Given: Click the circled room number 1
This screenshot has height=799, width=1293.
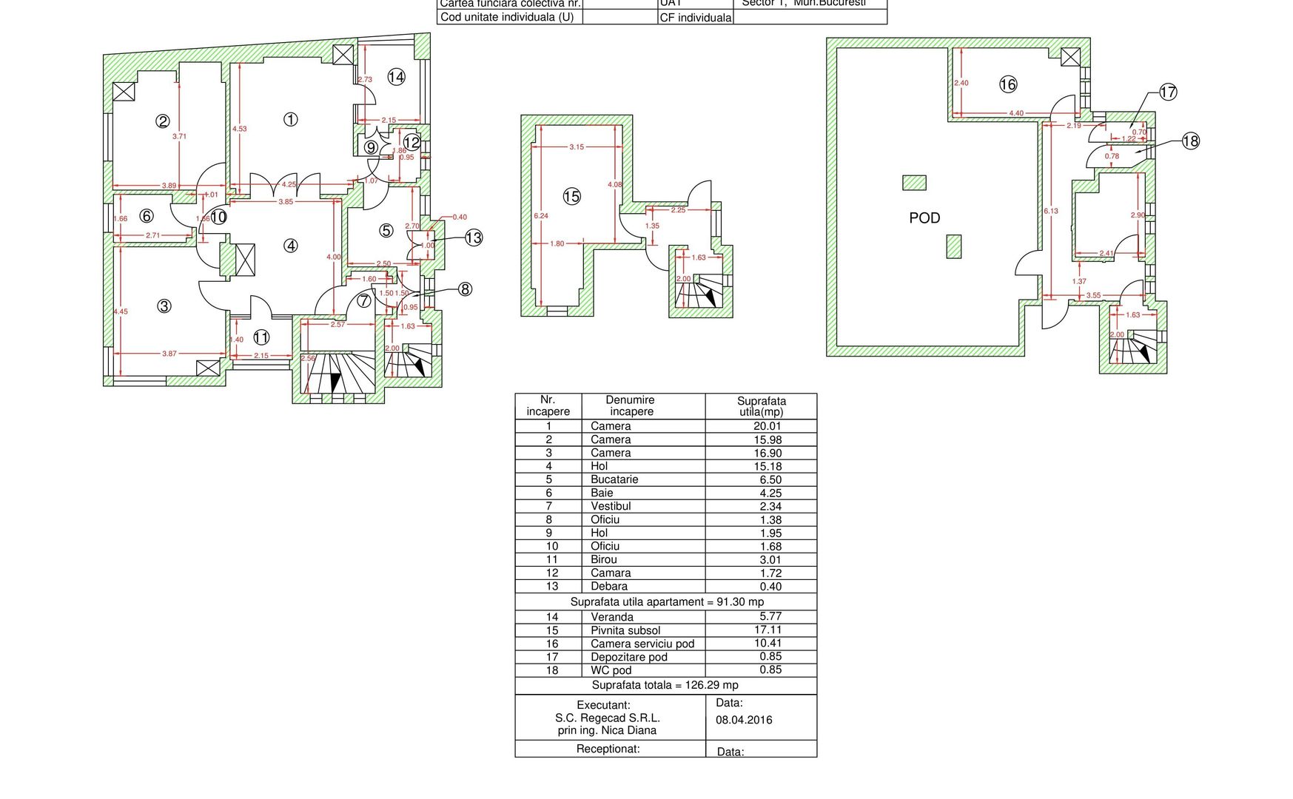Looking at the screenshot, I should point(291,119).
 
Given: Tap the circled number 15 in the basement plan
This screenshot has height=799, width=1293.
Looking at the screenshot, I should point(571,197).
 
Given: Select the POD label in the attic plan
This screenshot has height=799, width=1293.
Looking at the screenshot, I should point(924,218).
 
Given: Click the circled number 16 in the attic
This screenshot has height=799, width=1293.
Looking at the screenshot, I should point(1008,84).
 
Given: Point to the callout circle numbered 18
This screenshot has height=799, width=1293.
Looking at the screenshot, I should point(1190,141).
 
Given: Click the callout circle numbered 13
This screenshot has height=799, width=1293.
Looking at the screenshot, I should point(474,237).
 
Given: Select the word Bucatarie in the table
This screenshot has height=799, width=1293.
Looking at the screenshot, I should point(614,479).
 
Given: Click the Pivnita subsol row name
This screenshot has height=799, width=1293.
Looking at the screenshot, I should point(625,630).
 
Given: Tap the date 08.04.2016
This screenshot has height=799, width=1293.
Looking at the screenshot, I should point(744,720).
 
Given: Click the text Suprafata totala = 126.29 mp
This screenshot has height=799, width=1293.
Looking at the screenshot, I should point(665,685).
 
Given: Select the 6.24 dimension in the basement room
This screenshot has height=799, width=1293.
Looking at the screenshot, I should point(541,216).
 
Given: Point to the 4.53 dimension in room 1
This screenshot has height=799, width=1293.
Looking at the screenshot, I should point(239,129).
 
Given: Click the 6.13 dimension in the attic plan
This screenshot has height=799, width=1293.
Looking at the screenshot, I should point(1051,211).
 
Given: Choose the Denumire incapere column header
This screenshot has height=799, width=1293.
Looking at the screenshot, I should point(631,405).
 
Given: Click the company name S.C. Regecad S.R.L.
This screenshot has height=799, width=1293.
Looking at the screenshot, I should point(607,718).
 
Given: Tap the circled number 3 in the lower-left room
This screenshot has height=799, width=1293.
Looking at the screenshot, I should point(164,306).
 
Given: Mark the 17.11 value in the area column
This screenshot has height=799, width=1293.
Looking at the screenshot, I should point(768,630).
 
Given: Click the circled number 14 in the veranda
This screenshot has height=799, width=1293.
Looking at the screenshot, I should point(396,76).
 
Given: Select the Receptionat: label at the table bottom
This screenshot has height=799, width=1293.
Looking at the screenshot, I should point(608,749).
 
